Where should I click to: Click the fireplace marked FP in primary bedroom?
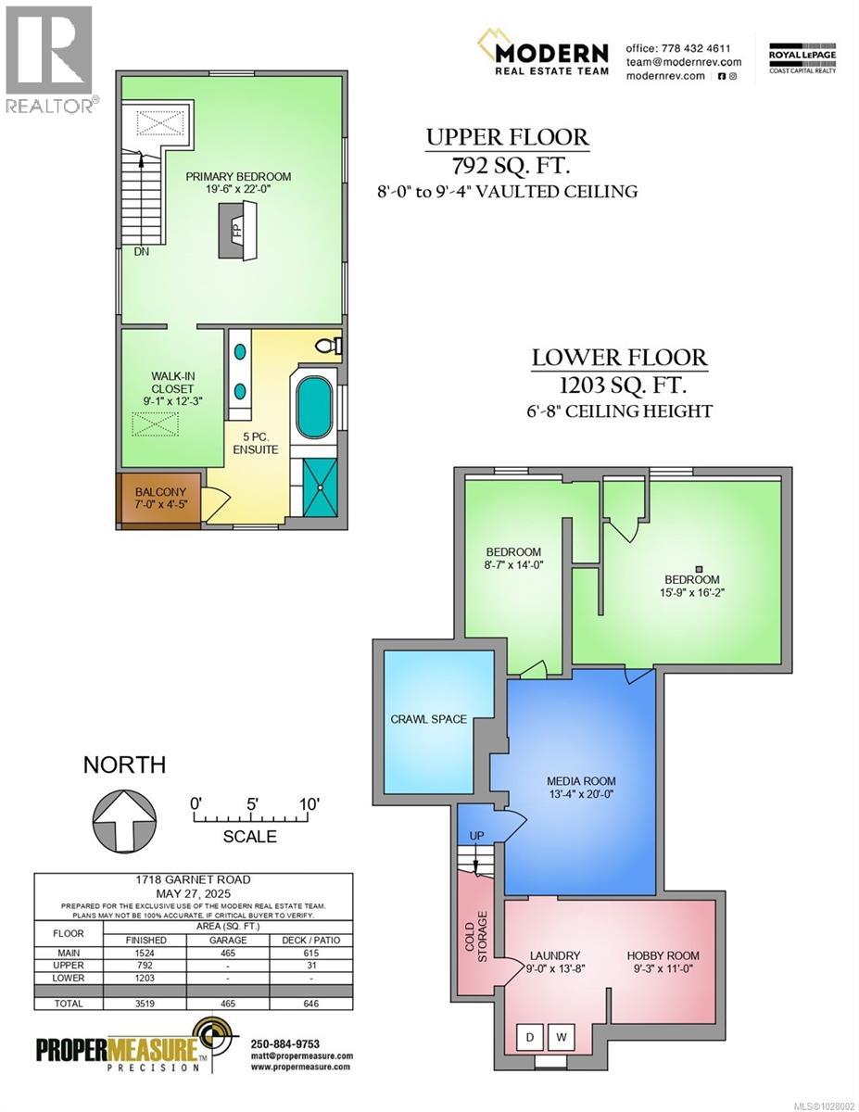tap(235, 230)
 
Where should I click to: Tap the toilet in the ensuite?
tap(327, 347)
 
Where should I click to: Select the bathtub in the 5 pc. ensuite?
tap(314, 410)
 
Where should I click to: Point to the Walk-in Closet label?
tap(173, 388)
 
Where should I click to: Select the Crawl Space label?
tap(428, 719)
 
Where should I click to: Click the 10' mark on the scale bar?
tap(309, 802)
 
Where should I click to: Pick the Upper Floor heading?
tap(507, 138)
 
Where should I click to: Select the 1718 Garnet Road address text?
tap(194, 879)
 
